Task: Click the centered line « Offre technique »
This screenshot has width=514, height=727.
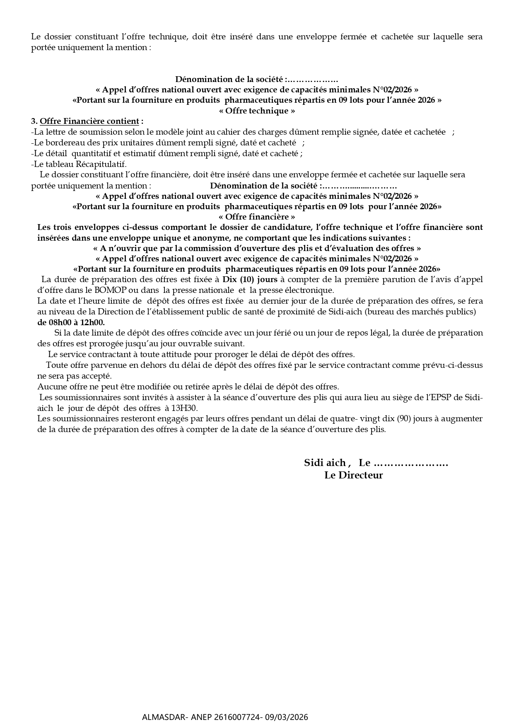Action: [257, 111]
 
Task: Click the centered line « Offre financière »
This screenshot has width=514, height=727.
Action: [257, 217]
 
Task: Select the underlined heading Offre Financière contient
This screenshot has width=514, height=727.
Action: [89, 121]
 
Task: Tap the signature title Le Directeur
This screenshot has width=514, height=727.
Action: [353, 475]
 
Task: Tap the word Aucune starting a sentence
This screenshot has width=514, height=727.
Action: [49, 386]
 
